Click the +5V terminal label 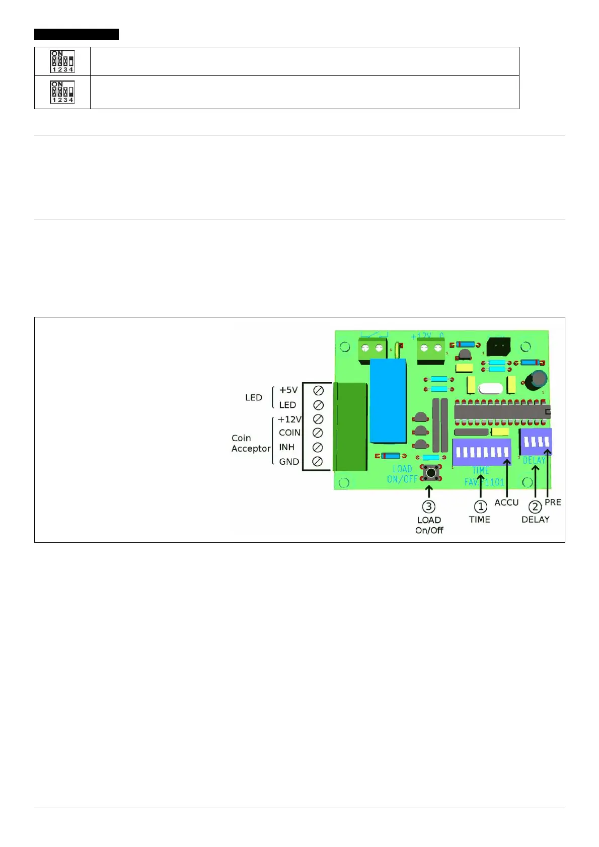[288, 390]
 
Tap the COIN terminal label [289, 433]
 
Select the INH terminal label [286, 447]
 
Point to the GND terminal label [289, 462]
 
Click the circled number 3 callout [429, 506]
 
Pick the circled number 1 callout [481, 506]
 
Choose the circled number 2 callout [535, 507]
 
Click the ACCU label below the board [506, 502]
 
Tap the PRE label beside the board [553, 502]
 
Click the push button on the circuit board [430, 472]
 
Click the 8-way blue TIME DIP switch [482, 452]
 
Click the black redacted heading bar [77, 34]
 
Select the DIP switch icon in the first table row [62, 61]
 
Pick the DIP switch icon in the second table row [62, 92]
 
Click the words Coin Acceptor [251, 443]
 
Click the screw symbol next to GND [318, 462]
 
